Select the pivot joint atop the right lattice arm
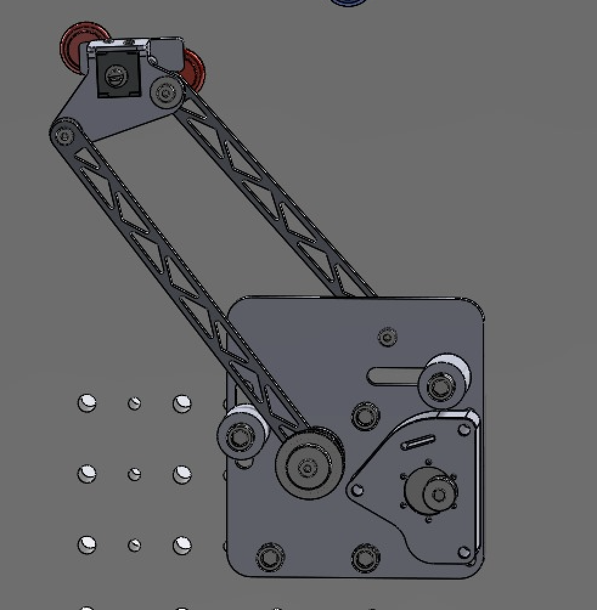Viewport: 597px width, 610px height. pos(165,92)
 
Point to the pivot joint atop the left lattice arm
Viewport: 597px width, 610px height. pos(63,135)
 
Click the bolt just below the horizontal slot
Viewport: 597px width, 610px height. pos(365,417)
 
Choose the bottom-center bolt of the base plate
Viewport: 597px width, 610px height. pos(365,557)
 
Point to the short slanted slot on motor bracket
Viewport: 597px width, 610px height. pos(418,442)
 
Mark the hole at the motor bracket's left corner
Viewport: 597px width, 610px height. pos(357,488)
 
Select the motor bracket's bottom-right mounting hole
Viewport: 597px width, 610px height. pos(464,552)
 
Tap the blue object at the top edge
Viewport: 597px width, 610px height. pos(349,2)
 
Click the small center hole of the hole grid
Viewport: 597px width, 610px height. pos(134,475)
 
